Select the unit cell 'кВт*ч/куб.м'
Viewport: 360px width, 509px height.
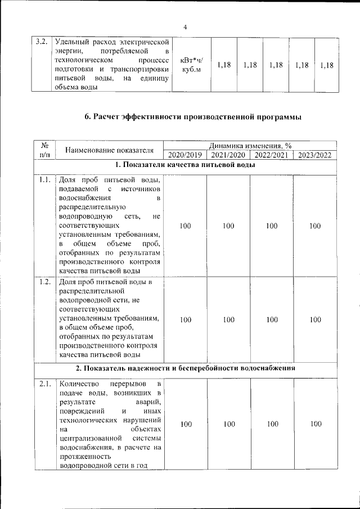192,65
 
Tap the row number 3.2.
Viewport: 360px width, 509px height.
40,42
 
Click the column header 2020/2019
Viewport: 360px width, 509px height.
184,155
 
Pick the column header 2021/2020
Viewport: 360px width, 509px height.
228,155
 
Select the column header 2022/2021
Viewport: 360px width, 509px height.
272,155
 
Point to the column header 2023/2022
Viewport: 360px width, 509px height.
315,155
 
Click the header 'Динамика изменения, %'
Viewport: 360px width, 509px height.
250,146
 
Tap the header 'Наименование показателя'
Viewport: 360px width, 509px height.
109,150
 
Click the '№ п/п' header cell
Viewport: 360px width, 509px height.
44,150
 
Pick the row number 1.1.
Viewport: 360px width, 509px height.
45,181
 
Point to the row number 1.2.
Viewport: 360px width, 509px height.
45,282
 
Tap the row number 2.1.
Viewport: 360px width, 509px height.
45,384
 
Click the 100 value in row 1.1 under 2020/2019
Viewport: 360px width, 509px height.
184,226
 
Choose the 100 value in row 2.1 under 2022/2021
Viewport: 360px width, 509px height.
272,425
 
